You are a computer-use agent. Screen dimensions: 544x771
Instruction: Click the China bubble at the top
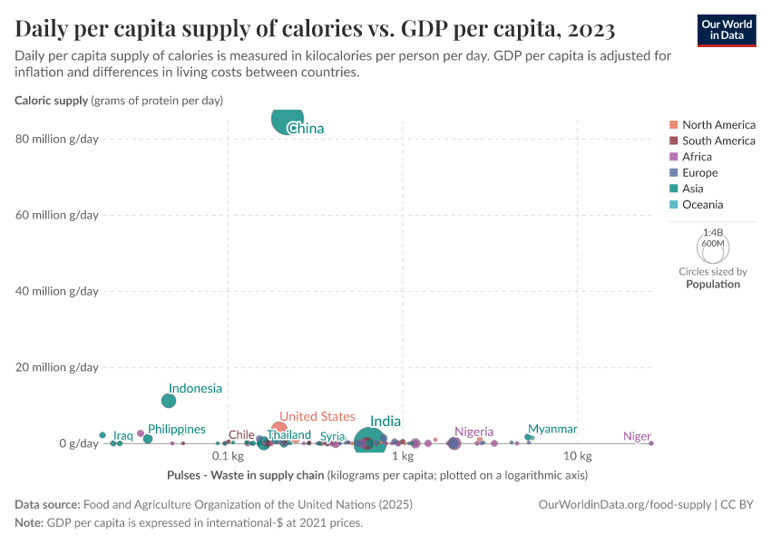coord(288,120)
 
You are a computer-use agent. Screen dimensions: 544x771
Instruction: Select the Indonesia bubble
coord(169,401)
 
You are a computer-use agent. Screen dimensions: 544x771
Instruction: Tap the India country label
coord(385,422)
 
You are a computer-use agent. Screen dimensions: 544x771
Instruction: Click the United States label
coord(317,416)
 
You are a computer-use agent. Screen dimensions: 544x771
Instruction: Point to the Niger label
coord(637,436)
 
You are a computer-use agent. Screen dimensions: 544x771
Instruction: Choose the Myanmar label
coord(552,429)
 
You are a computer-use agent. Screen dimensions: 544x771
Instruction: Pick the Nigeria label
coord(473,432)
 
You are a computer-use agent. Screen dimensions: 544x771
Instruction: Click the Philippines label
coord(177,429)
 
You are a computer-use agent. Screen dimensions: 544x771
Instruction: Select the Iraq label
coord(123,436)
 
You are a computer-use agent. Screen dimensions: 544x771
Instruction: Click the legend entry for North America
coord(718,125)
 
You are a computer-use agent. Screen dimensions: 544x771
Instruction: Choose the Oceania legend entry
coord(702,205)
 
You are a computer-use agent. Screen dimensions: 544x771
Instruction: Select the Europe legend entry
coord(699,172)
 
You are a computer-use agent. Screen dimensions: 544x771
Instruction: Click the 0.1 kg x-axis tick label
coord(228,455)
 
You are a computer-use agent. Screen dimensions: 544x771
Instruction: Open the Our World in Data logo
coord(727,29)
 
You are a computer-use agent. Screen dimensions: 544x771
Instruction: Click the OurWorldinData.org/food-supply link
coord(625,504)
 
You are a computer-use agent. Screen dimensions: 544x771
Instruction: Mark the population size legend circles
coord(713,245)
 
